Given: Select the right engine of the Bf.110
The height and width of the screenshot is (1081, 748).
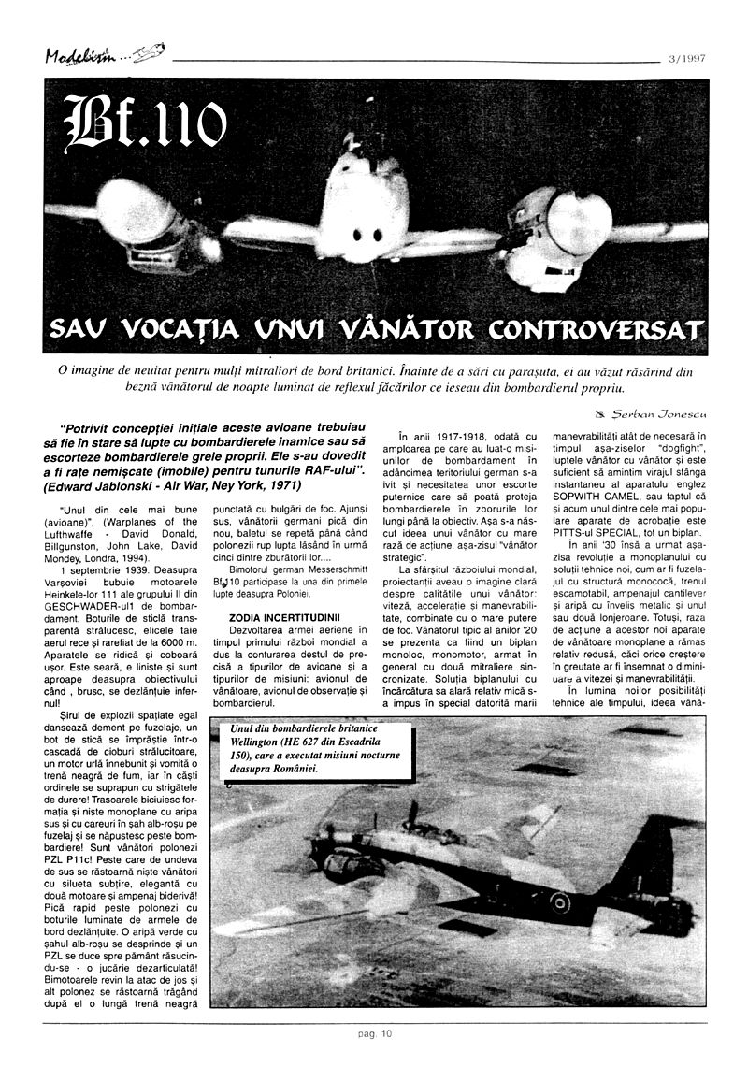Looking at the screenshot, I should click(566, 224).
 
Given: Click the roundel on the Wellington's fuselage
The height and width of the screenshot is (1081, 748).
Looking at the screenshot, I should click(559, 901).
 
